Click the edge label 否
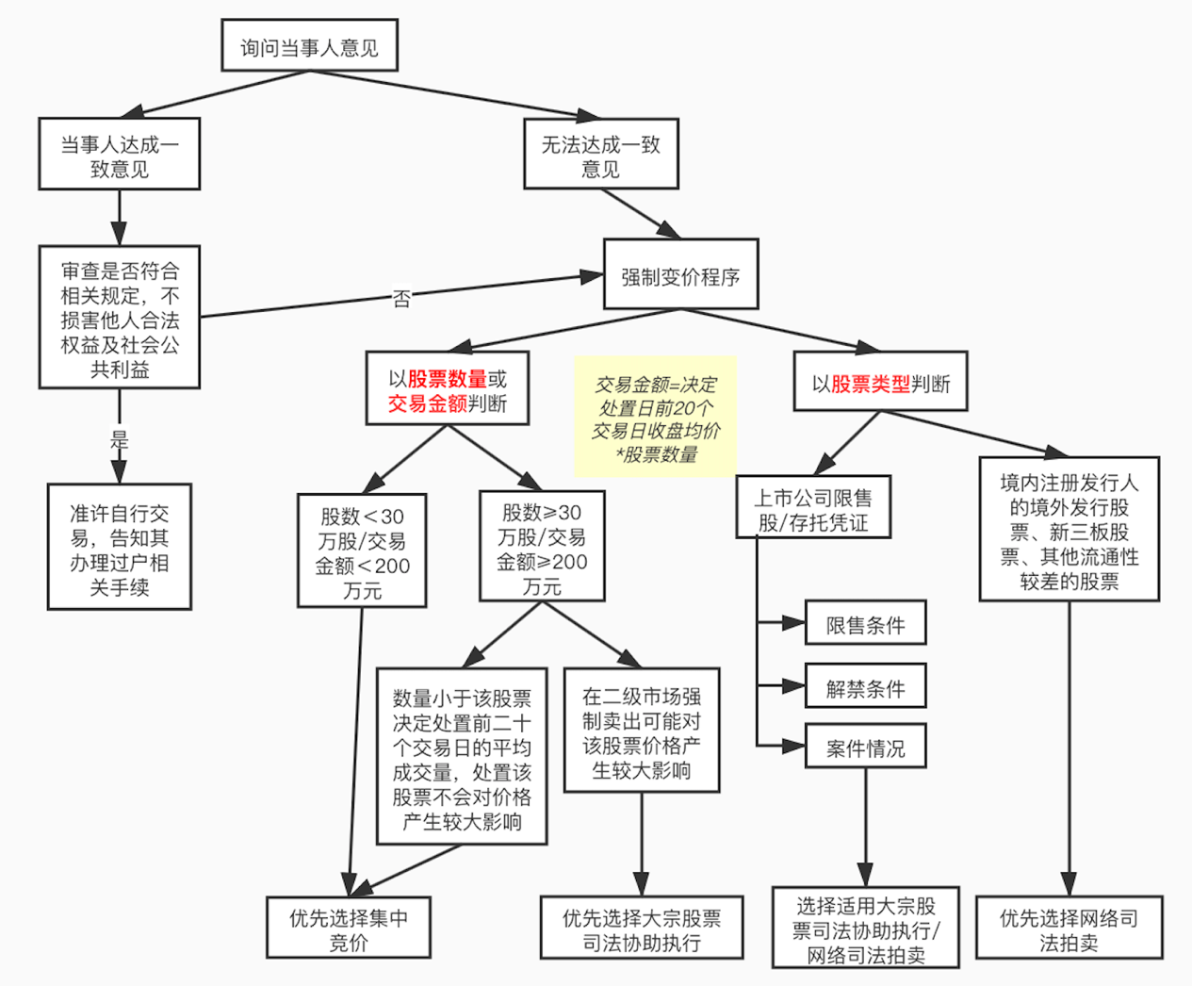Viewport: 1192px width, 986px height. point(401,298)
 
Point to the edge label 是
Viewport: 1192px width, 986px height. point(120,439)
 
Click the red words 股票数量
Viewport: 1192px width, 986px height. point(447,379)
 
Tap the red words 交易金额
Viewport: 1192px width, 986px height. point(428,403)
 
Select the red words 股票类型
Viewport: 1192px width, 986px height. point(871,384)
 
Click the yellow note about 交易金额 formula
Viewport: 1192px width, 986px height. point(656,417)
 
